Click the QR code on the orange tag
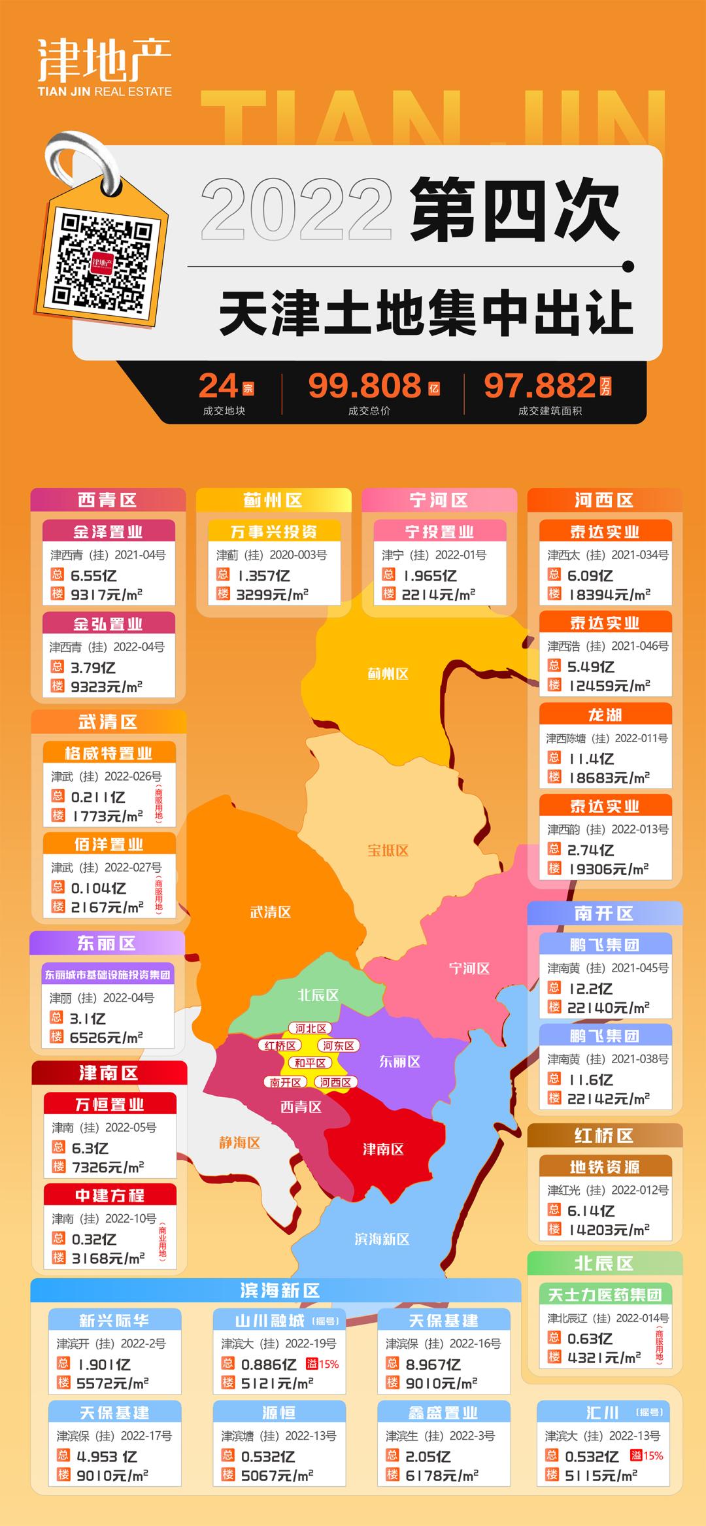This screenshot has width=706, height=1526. pyautogui.click(x=103, y=263)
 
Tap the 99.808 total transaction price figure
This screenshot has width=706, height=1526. pyautogui.click(x=365, y=386)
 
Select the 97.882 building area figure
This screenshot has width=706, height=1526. pyautogui.click(x=540, y=386)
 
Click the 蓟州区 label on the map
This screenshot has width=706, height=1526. pyautogui.click(x=388, y=673)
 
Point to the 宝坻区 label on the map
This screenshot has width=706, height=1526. pyautogui.click(x=388, y=850)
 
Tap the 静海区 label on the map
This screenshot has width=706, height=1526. pyautogui.click(x=239, y=1142)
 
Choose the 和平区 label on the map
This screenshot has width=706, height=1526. pyautogui.click(x=310, y=1063)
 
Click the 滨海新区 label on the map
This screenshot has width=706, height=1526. pyautogui.click(x=382, y=1239)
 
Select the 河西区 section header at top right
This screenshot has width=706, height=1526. pyautogui.click(x=604, y=501)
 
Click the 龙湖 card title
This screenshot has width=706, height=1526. pyautogui.click(x=605, y=715)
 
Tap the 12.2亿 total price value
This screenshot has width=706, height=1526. pyautogui.click(x=590, y=989)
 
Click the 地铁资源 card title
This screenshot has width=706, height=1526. pyautogui.click(x=605, y=1167)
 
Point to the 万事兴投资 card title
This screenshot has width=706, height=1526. pyautogui.click(x=274, y=532)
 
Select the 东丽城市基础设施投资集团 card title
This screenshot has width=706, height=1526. pyautogui.click(x=108, y=975)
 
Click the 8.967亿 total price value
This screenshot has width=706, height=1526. pyautogui.click(x=433, y=1365)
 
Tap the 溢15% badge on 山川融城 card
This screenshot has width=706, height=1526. pyautogui.click(x=323, y=1365)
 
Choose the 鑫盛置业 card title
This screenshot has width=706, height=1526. pyautogui.click(x=443, y=1413)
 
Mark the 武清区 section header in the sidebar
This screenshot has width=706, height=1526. pyautogui.click(x=108, y=722)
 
